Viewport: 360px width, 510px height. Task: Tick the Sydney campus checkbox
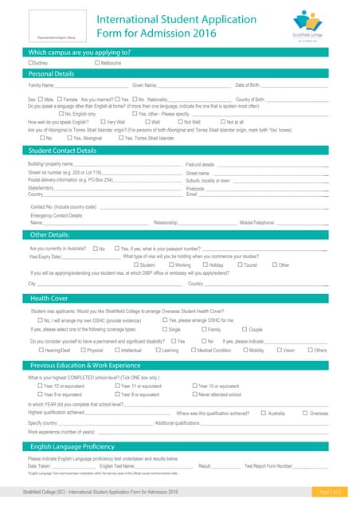pos(31,62)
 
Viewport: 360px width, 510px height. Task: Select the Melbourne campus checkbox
pos(97,62)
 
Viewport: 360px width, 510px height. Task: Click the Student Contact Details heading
pos(63,150)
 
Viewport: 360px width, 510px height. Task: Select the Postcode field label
pos(195,188)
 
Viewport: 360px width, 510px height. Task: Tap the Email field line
pos(263,194)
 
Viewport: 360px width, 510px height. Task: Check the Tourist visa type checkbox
pos(238,265)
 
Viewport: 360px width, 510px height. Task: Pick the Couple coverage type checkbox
pos(245,328)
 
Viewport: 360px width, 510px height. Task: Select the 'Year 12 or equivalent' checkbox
pos(41,386)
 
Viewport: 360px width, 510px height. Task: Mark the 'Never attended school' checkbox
pos(195,394)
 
